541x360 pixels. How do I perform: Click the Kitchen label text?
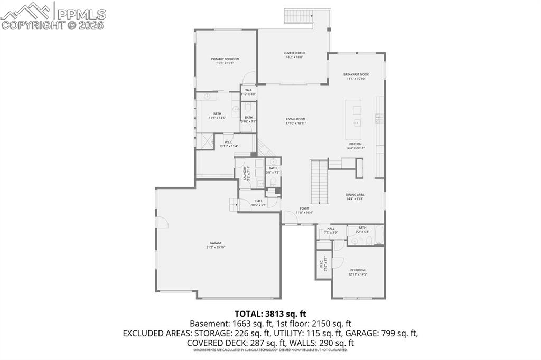tap(355, 144)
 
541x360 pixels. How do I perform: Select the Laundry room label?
tap(245, 173)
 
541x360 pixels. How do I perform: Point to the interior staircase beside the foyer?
tap(319, 182)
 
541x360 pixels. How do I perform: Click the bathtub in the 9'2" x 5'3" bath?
tap(379, 235)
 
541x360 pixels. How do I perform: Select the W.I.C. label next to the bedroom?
tap(322, 262)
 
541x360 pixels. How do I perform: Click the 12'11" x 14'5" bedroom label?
tap(357, 272)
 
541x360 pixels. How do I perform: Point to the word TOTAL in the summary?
tap(249, 313)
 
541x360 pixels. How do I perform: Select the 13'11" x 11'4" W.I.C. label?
tap(228, 144)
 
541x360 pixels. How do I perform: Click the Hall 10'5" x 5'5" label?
tap(259, 203)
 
